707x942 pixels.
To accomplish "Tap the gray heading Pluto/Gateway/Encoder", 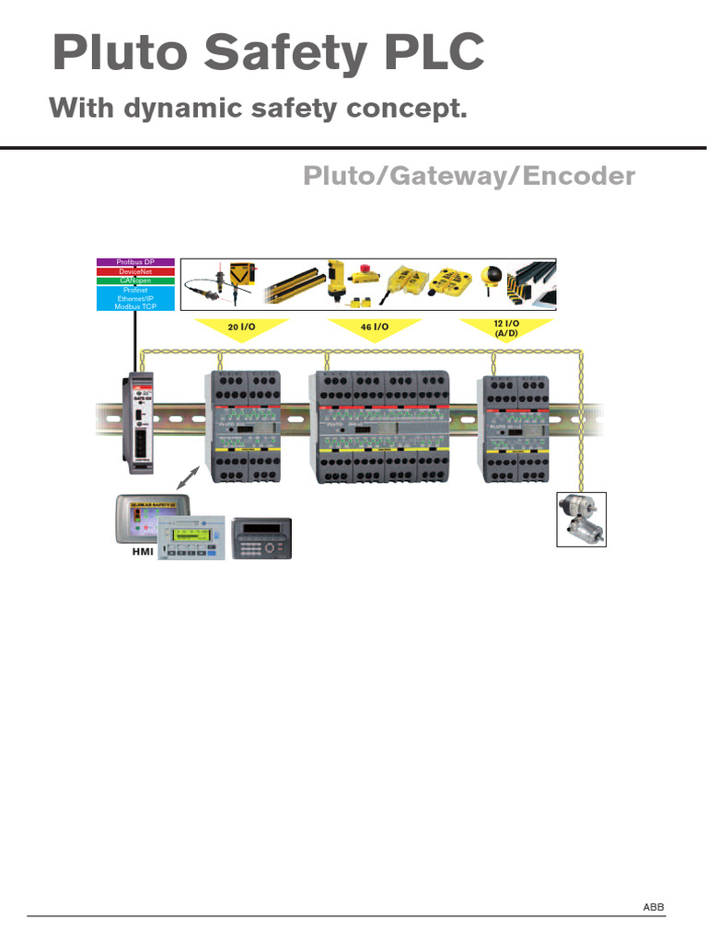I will pyautogui.click(x=469, y=176).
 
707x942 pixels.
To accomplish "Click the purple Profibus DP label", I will pyautogui.click(x=135, y=263).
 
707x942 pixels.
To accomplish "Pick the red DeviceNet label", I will pyautogui.click(x=135, y=271).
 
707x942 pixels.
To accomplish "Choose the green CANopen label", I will pyautogui.click(x=135, y=281).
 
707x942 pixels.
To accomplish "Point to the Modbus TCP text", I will pyautogui.click(x=135, y=306).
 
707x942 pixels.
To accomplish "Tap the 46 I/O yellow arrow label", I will pyautogui.click(x=375, y=327).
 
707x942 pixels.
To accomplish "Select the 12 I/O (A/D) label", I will pyautogui.click(x=506, y=328).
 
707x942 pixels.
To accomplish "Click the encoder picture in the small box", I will pyautogui.click(x=582, y=519).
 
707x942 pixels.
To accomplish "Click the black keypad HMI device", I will pyautogui.click(x=263, y=537).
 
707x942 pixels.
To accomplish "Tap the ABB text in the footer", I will pyautogui.click(x=653, y=908).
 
